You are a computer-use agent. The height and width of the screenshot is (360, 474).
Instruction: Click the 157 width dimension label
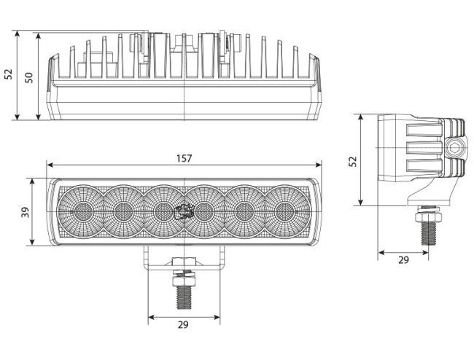(184, 158)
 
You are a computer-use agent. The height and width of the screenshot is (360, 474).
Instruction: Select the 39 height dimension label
(26, 212)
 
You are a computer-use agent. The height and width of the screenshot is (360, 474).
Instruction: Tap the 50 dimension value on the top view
(28, 78)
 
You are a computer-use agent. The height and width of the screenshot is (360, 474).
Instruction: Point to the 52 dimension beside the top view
(8, 74)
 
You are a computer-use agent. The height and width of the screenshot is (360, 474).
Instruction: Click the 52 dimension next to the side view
(352, 161)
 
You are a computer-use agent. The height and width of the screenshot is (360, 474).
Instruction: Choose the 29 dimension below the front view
(183, 325)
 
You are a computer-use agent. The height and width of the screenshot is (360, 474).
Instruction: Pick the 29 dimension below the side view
(403, 259)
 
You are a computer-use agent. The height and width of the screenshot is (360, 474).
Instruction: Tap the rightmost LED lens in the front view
(284, 211)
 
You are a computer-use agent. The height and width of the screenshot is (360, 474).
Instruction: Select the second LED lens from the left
(123, 211)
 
